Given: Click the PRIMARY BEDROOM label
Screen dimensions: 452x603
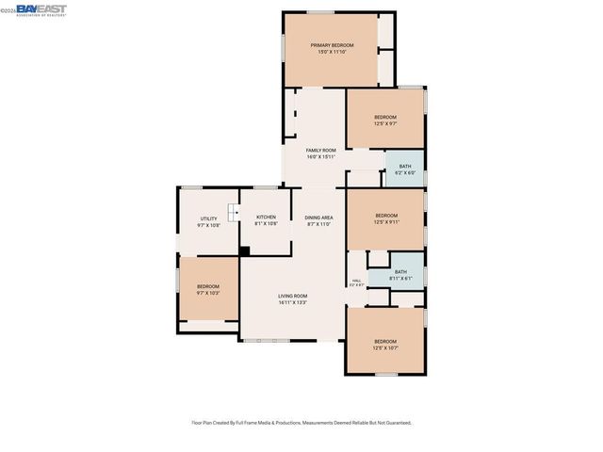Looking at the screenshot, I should (332, 45).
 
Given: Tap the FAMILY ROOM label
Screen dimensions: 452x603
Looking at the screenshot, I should (320, 150).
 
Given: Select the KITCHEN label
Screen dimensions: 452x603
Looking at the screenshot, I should (266, 218).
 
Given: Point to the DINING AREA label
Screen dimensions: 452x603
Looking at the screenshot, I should (320, 218).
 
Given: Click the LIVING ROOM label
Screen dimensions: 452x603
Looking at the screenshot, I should (292, 296).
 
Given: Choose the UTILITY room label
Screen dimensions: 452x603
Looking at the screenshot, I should (208, 218).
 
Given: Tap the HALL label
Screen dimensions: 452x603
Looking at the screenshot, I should (357, 280).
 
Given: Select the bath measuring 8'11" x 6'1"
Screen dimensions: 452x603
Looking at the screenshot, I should (400, 275).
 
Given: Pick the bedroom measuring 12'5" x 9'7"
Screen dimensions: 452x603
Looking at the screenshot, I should (384, 120).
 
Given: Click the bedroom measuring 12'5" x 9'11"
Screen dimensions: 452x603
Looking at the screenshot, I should (386, 218).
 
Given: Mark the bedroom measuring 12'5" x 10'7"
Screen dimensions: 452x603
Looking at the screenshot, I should (385, 344).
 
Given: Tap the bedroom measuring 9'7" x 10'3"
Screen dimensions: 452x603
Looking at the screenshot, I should (207, 289).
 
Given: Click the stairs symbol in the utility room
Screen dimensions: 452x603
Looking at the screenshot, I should (232, 214).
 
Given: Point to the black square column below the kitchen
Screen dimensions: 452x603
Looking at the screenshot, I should (244, 251).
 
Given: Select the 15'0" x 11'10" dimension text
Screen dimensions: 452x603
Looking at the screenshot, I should (332, 52).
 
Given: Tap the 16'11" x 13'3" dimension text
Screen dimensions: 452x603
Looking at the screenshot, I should (292, 302).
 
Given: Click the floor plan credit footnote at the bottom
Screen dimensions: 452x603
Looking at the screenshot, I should (301, 423).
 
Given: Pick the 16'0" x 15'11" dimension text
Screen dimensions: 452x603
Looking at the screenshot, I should (320, 156).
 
